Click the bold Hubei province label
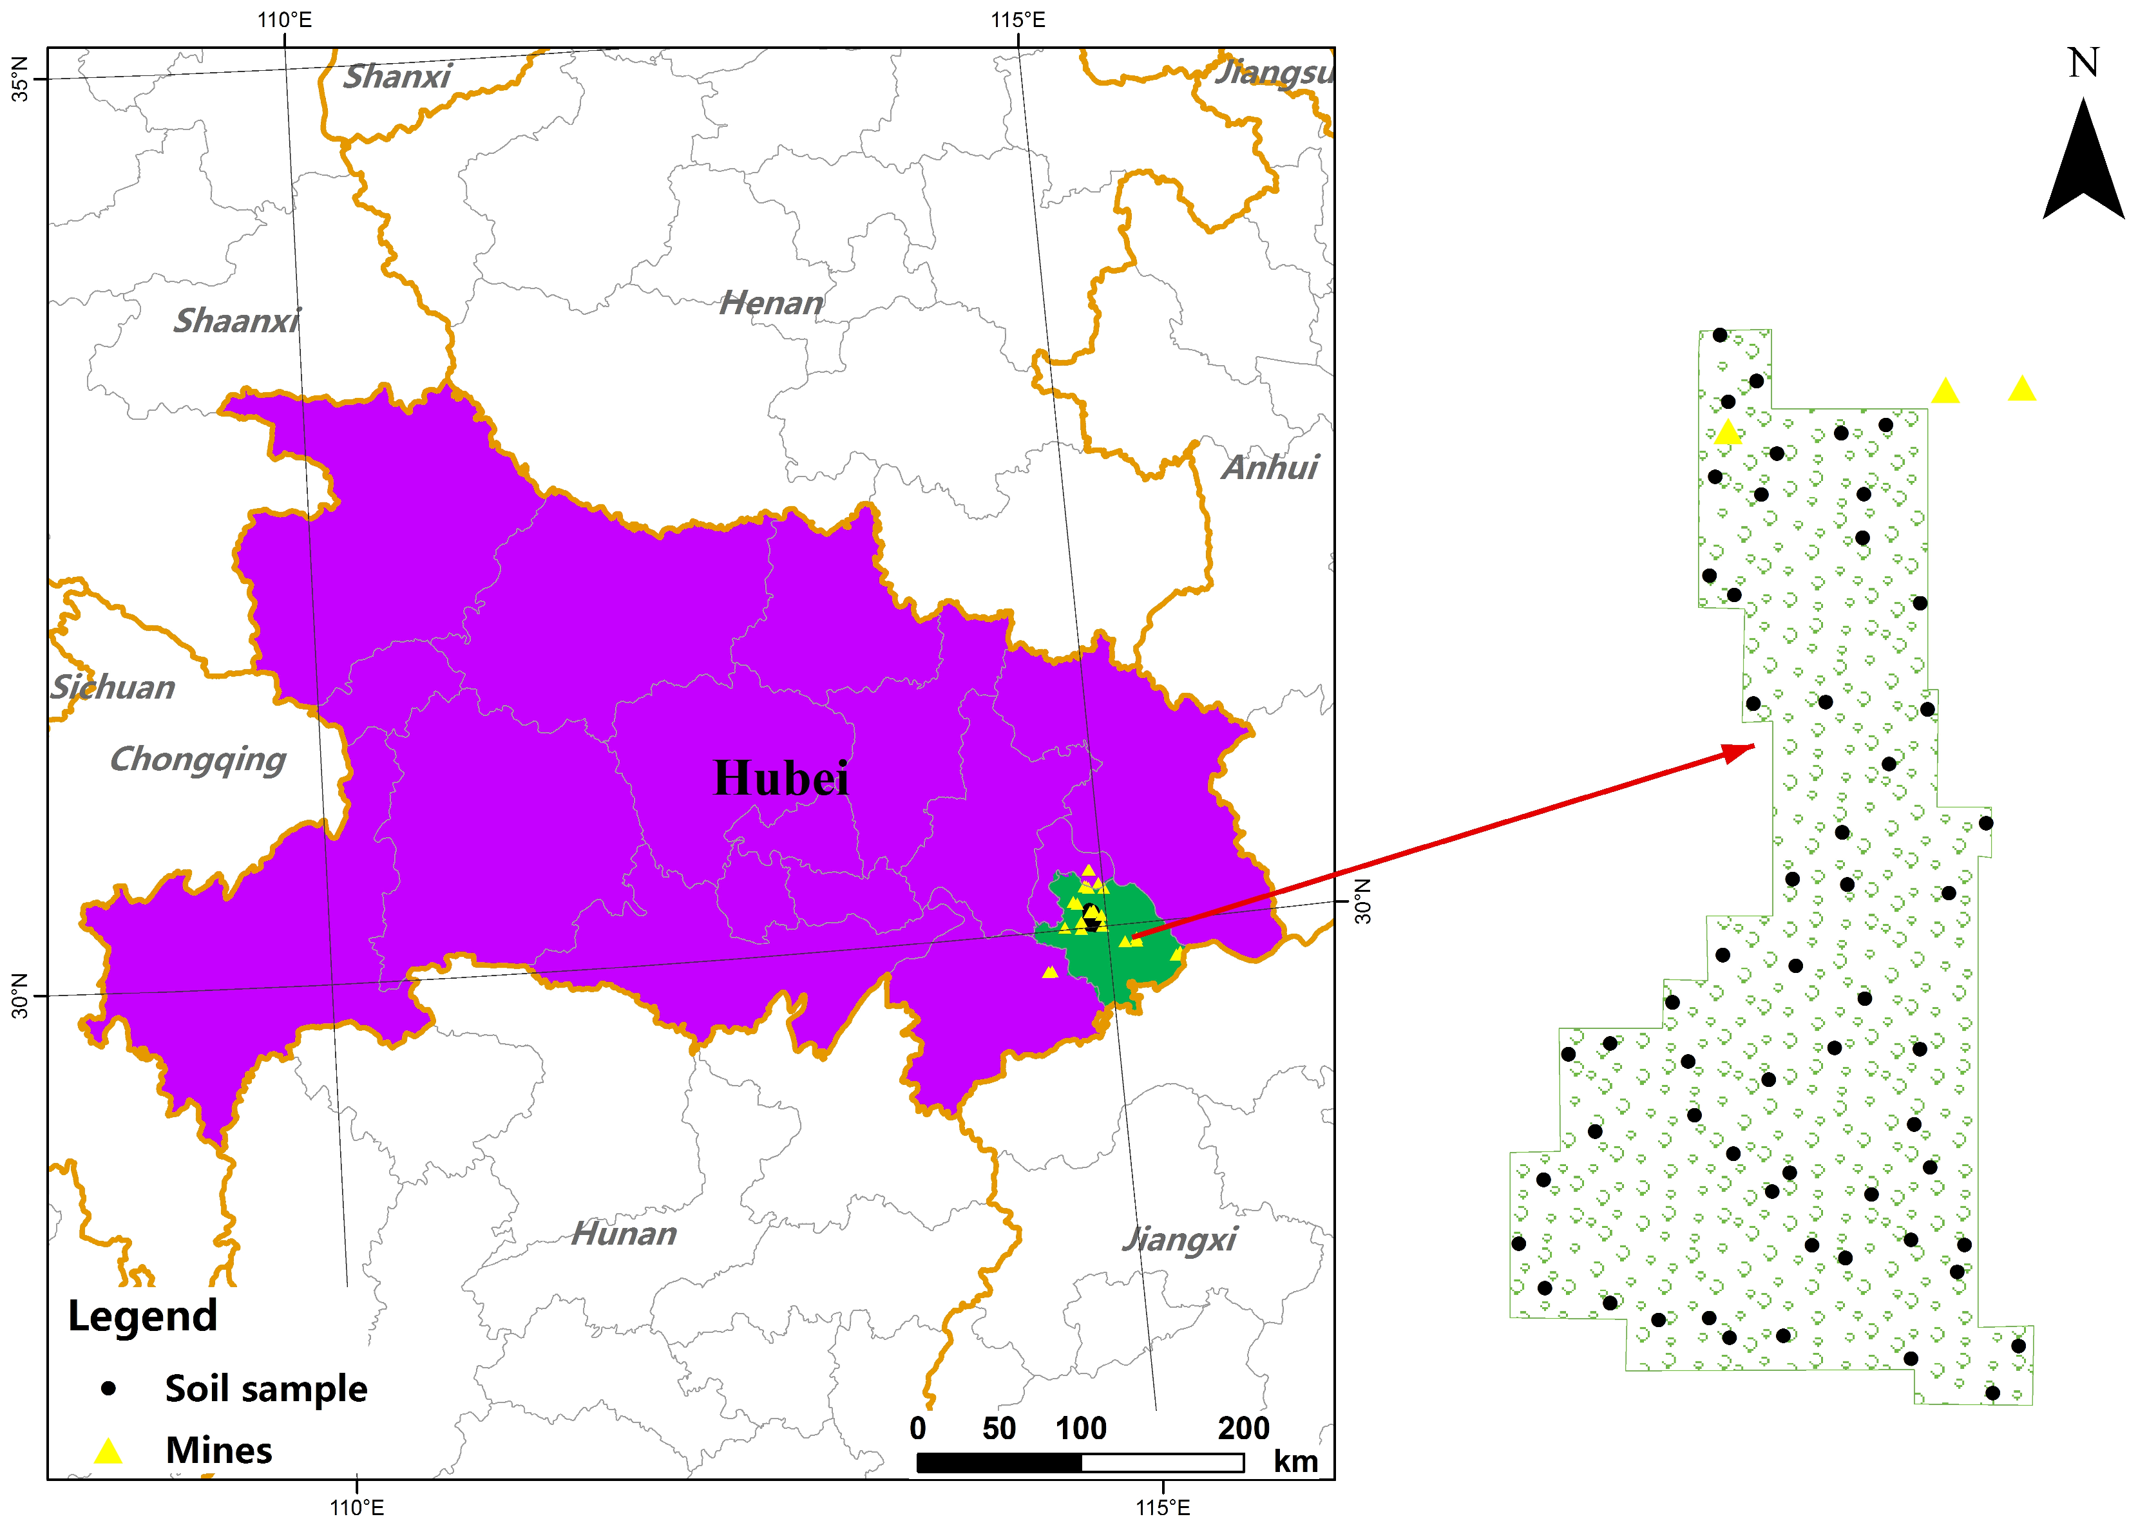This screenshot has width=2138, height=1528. [780, 778]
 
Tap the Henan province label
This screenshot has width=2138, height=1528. [770, 303]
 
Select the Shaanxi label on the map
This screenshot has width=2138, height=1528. [236, 321]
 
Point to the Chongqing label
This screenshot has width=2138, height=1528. [198, 759]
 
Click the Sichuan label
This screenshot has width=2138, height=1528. [113, 688]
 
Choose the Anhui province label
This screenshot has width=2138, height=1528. [1270, 467]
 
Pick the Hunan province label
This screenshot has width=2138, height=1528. [624, 1234]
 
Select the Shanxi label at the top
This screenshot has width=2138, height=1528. [396, 76]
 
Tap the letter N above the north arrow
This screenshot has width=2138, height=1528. [2083, 63]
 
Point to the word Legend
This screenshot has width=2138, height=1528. [142, 1316]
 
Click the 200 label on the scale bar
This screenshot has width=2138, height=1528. [1243, 1428]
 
